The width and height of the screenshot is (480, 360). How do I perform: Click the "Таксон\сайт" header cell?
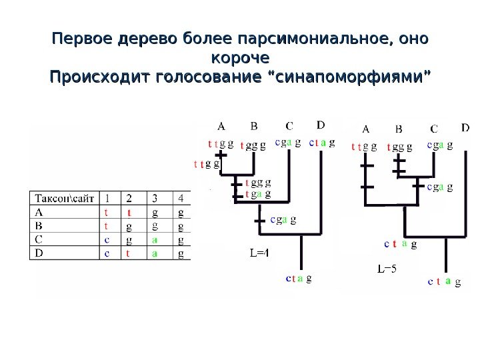pyautogui.click(x=65, y=198)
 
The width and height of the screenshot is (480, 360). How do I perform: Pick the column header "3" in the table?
pyautogui.click(x=155, y=198)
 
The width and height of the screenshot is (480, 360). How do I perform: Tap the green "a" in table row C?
pyautogui.click(x=155, y=240)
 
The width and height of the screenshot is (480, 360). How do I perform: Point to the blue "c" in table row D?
pyautogui.click(x=107, y=253)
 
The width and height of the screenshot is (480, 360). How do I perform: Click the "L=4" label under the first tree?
pyautogui.click(x=259, y=253)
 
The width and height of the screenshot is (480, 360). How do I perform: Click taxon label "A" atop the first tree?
pyautogui.click(x=221, y=125)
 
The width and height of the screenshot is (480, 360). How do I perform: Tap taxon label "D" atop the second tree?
pyautogui.click(x=465, y=127)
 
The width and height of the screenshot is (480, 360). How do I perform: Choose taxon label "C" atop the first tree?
pyautogui.click(x=289, y=125)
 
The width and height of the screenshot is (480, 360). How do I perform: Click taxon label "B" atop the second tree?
pyautogui.click(x=399, y=129)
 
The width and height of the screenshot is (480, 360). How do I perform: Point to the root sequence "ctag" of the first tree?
pyautogui.click(x=298, y=279)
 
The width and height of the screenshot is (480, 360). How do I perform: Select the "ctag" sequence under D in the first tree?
pyautogui.click(x=321, y=142)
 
